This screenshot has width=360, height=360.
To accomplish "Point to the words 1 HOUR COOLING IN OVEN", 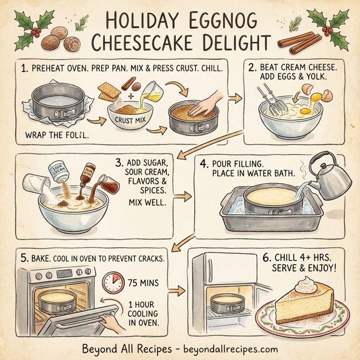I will pos(145,313).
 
